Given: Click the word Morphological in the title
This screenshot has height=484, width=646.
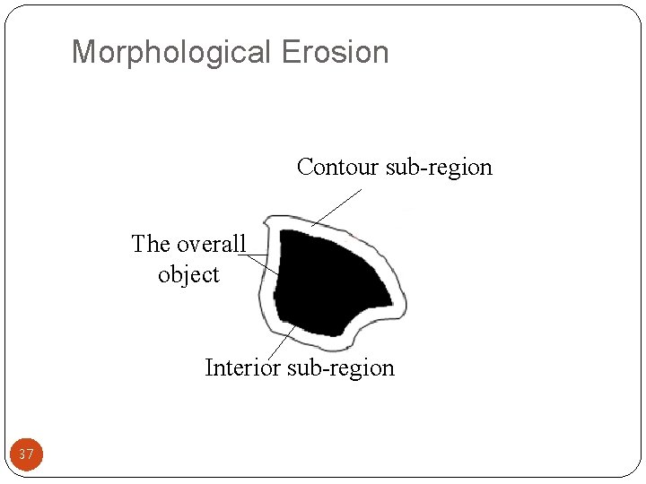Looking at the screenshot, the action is (x=171, y=52).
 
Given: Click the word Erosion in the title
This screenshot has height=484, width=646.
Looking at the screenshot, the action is (x=336, y=52).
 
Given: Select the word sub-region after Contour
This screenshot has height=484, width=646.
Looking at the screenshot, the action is (x=439, y=167).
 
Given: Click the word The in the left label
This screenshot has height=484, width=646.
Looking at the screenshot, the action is (x=151, y=244).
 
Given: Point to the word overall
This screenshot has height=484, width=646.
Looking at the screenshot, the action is (x=211, y=244).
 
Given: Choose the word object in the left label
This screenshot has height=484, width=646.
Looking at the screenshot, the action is (x=188, y=274).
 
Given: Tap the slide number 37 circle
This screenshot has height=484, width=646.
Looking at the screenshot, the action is (x=26, y=454).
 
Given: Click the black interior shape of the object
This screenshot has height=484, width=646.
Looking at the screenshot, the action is (x=323, y=278).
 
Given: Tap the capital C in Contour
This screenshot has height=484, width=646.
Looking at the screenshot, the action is (x=305, y=167).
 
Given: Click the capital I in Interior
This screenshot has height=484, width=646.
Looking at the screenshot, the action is (x=209, y=367).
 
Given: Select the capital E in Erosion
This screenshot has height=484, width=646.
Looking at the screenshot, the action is (x=289, y=52).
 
